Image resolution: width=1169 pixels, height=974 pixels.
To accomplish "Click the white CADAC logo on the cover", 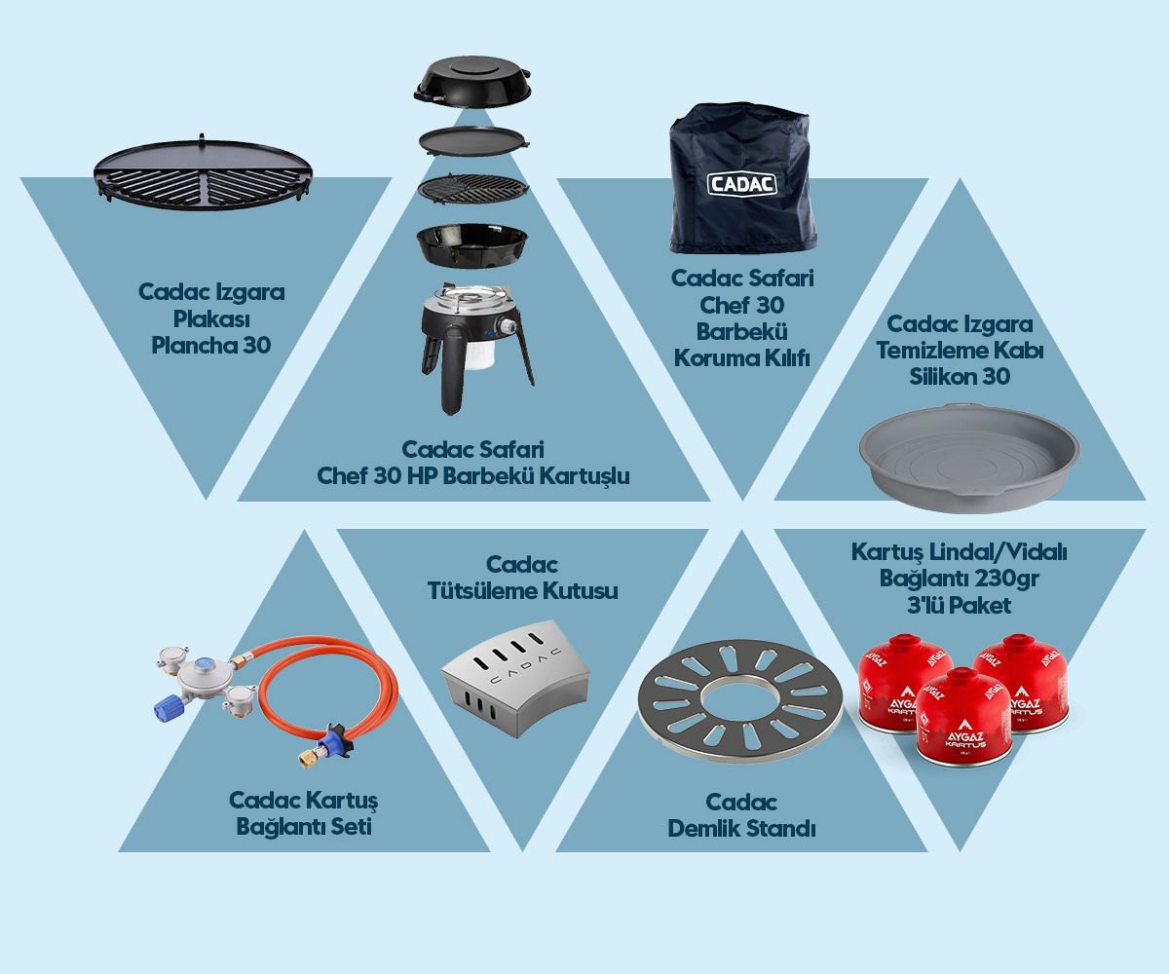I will coord(741,183).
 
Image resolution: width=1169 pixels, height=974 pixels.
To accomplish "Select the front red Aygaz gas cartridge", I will coord(962,716).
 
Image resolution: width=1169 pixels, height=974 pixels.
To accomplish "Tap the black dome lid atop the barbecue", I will coord(472,81).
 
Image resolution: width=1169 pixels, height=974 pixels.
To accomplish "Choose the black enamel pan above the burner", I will coord(472,243).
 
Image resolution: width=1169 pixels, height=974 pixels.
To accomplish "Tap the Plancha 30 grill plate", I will coord(204,171).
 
